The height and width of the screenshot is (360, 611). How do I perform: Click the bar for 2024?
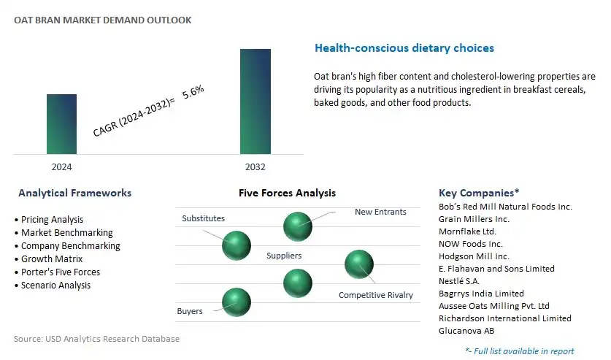tap(61, 124)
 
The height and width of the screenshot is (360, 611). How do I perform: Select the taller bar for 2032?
tap(255, 102)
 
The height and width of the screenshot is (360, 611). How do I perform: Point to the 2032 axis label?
tap(255, 167)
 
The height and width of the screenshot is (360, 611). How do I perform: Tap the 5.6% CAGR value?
tap(193, 91)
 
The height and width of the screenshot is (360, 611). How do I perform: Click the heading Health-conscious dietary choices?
tap(404, 48)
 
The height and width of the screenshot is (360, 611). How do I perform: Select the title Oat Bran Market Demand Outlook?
tap(102, 20)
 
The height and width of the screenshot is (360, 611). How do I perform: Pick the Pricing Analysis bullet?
tap(49, 220)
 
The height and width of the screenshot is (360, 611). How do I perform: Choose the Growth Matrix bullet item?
tap(49, 259)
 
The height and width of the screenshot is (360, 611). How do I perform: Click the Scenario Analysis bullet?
tap(53, 286)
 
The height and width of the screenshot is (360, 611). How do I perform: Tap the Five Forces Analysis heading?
tap(287, 193)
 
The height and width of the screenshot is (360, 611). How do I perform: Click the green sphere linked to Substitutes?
tap(237, 245)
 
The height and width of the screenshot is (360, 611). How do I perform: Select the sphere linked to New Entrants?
tap(298, 226)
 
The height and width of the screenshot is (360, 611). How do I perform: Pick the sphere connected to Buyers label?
tap(237, 302)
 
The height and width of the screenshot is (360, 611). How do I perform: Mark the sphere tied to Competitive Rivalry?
tap(359, 264)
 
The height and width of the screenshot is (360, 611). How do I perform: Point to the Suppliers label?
tap(284, 256)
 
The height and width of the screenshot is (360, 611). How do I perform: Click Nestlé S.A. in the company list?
tap(459, 281)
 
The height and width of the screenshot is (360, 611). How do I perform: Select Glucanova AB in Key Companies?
tap(466, 331)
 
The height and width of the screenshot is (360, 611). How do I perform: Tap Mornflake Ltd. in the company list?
tap(468, 231)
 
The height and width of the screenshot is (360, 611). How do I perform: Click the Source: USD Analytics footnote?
tap(96, 339)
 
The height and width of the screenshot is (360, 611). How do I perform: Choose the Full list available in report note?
tap(520, 351)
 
